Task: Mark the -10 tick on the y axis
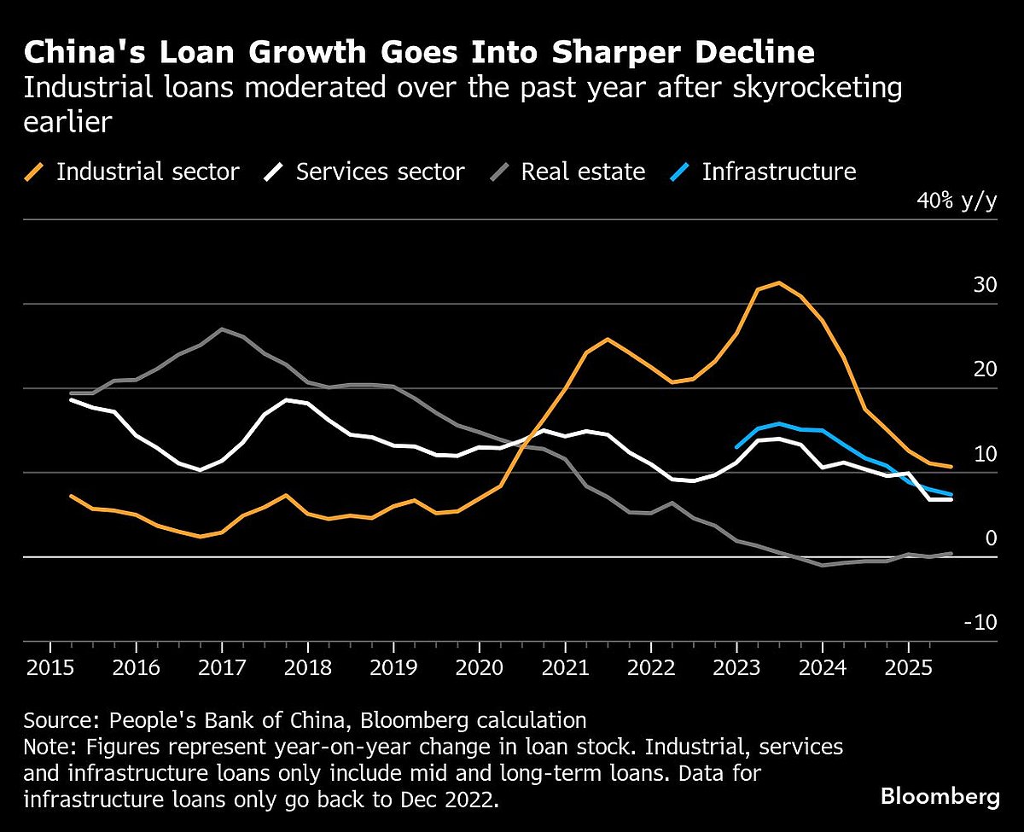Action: click(980, 622)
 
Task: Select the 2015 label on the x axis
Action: click(49, 667)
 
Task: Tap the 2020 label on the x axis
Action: click(479, 667)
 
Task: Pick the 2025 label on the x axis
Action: click(908, 667)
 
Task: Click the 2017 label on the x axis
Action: click(221, 667)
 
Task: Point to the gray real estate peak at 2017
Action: click(222, 329)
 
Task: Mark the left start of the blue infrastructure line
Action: click(736, 446)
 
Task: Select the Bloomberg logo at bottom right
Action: click(940, 797)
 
